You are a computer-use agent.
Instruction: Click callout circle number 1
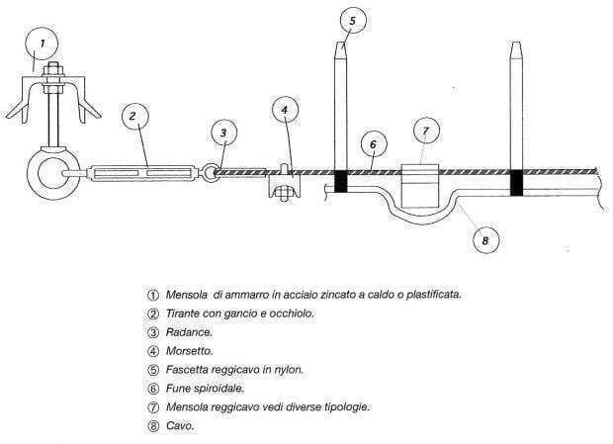click(42, 44)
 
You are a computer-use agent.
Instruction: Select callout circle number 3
click(224, 133)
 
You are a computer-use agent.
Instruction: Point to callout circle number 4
click(285, 110)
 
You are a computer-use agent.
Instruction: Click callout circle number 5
click(353, 21)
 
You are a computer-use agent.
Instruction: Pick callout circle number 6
click(374, 144)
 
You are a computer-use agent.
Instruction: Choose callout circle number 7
click(426, 131)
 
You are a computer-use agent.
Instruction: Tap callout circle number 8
click(485, 240)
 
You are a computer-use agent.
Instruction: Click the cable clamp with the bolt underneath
click(285, 185)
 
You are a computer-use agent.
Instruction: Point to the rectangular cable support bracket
click(420, 186)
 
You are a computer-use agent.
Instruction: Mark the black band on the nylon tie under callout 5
click(341, 181)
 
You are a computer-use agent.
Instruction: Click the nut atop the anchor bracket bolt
click(53, 71)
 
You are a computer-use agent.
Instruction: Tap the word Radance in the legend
click(189, 332)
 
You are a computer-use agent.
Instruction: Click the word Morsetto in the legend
click(189, 351)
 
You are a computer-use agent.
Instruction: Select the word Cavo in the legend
click(180, 425)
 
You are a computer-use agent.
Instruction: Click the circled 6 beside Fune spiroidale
click(153, 389)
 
